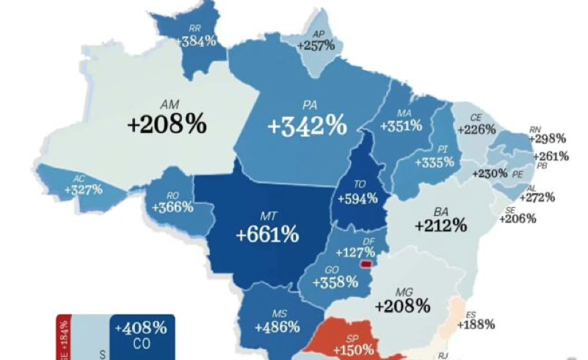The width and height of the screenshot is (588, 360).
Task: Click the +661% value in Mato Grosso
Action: [267, 236]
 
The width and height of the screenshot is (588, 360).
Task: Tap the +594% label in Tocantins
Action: [357, 198]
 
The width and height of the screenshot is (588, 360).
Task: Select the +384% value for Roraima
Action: [197, 41]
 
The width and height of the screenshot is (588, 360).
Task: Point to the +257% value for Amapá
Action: [316, 46]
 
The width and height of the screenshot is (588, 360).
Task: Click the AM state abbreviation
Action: [169, 105]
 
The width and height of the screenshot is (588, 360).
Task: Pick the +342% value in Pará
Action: [306, 126]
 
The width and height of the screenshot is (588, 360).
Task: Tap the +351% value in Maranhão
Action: [401, 126]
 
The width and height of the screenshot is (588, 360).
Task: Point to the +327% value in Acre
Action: [84, 190]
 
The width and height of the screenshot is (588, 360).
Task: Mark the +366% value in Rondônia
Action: [173, 207]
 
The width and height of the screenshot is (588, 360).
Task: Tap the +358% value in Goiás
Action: [335, 281]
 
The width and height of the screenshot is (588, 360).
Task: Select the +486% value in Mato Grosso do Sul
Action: [277, 326]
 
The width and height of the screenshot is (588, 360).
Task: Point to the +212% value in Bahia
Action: [440, 225]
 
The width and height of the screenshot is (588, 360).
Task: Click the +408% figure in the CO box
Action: [145, 328]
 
